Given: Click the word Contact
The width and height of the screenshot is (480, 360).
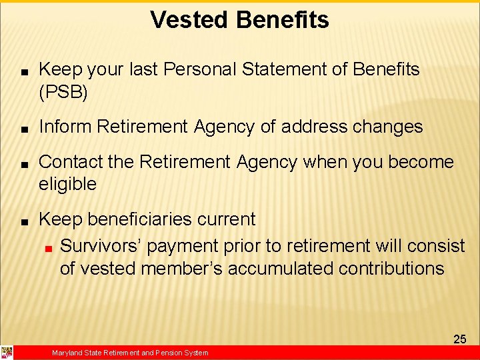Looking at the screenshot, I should click(x=71, y=162).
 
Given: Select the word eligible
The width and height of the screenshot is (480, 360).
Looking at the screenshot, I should click(x=67, y=185).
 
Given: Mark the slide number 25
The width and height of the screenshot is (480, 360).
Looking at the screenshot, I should click(x=459, y=339).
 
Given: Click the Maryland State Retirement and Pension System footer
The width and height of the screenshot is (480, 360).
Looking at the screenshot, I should click(x=130, y=353).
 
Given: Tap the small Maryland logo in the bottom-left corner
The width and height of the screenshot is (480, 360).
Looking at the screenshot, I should click(x=7, y=353).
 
